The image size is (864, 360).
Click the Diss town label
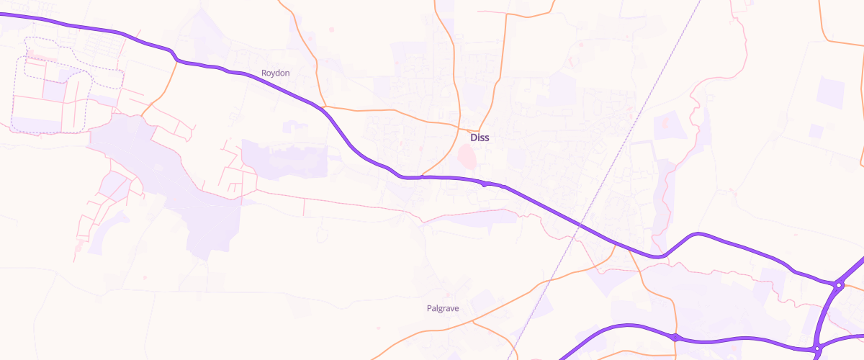[480, 138]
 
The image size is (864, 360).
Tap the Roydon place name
[275, 73]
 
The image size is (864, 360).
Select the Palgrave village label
[443, 308]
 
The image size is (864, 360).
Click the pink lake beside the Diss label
[467, 154]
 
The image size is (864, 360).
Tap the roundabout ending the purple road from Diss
[840, 285]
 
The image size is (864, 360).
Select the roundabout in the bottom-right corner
[817, 349]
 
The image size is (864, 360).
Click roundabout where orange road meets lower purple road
[675, 336]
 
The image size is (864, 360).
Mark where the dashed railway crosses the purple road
[580, 228]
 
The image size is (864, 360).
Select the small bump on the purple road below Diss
[486, 184]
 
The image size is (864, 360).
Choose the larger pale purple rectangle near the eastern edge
[832, 93]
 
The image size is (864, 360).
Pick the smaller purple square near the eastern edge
[816, 130]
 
